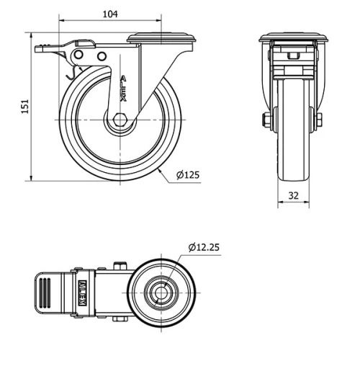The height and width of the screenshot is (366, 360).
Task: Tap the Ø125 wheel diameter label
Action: coord(189,174)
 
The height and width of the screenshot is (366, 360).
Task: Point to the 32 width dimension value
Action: coord(294,195)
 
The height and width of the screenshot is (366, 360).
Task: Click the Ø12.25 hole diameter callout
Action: coord(204,247)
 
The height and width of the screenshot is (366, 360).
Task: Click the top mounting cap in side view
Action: coord(161,37)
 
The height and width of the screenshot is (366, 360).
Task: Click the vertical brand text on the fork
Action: coord(123,91)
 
